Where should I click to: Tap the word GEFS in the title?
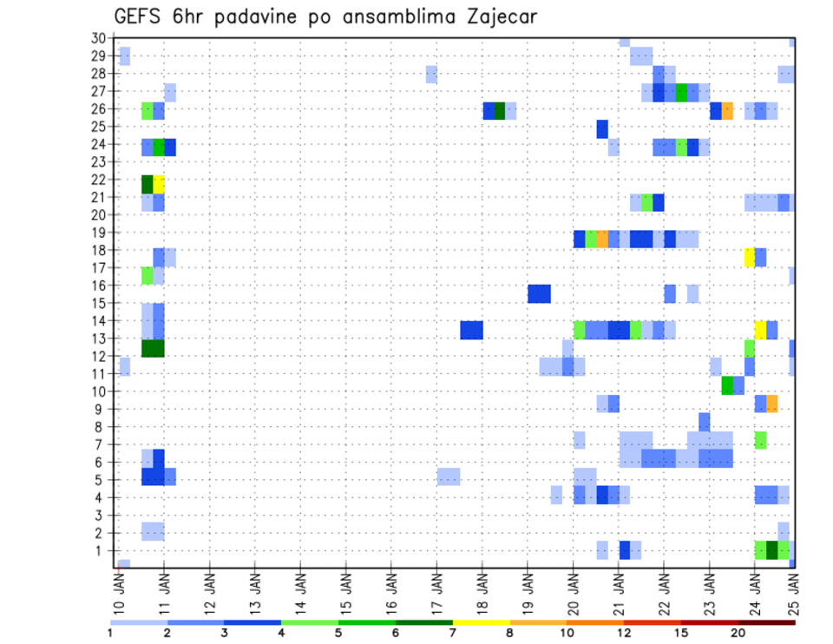[139, 16]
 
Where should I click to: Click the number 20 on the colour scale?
[738, 633]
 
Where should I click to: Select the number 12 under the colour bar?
[624, 633]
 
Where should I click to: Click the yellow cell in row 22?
[159, 184]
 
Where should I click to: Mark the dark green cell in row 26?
[500, 110]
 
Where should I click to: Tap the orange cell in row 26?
[727, 110]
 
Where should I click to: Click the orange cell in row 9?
[772, 404]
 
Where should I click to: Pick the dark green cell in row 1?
[772, 550]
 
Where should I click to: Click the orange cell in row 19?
[602, 239]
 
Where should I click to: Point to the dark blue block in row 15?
[539, 293]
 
